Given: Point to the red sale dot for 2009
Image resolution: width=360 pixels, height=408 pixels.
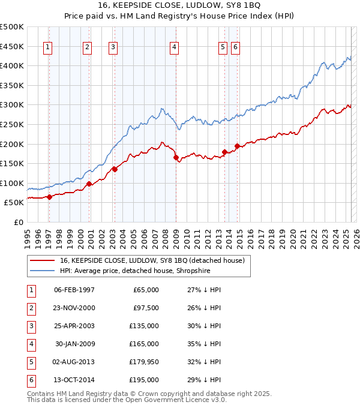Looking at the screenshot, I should (176, 158).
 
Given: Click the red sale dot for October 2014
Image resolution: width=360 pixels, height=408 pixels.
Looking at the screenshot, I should (237, 146).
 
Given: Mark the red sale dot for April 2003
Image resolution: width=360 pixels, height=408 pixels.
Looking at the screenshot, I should (115, 169).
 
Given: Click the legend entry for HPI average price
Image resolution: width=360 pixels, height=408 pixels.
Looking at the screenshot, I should (135, 271).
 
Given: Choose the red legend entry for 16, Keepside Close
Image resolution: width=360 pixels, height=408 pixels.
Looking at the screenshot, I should (152, 261).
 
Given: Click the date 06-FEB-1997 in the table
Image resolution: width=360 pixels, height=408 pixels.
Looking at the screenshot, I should (74, 290).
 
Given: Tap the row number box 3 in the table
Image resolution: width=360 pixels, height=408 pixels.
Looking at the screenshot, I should (30, 326).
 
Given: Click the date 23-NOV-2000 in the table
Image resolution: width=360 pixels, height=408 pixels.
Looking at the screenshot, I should (74, 308).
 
